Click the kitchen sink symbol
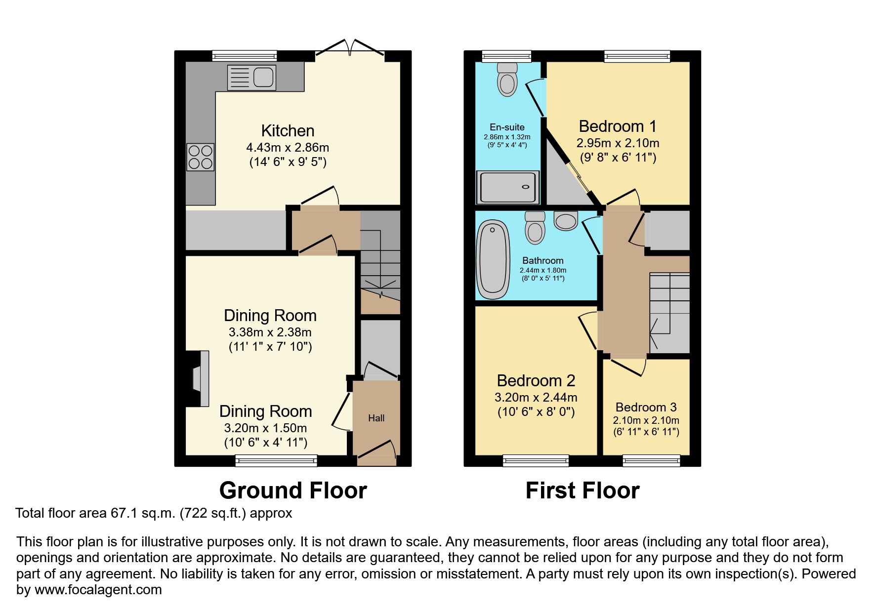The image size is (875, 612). click(x=251, y=78)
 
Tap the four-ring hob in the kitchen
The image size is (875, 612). click(x=201, y=157)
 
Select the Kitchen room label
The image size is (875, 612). click(x=288, y=131)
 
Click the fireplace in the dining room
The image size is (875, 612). click(x=200, y=378)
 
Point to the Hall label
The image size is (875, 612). click(x=376, y=418)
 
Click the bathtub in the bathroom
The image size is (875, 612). click(x=493, y=259)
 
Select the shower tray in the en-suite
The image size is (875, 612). click(x=507, y=187)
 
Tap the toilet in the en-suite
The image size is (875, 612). click(x=507, y=80)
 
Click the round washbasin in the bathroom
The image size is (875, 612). click(x=566, y=220)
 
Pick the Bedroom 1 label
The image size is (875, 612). click(x=618, y=126)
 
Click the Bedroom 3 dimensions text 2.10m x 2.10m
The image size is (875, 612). click(x=646, y=420)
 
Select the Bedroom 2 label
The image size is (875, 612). click(x=536, y=381)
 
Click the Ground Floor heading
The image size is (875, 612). click(x=293, y=490)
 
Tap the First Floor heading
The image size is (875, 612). click(x=583, y=490)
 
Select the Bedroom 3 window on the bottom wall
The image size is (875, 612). click(x=651, y=461)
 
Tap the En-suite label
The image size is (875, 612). click(x=507, y=127)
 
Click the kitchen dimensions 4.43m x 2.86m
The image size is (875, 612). click(x=288, y=148)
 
